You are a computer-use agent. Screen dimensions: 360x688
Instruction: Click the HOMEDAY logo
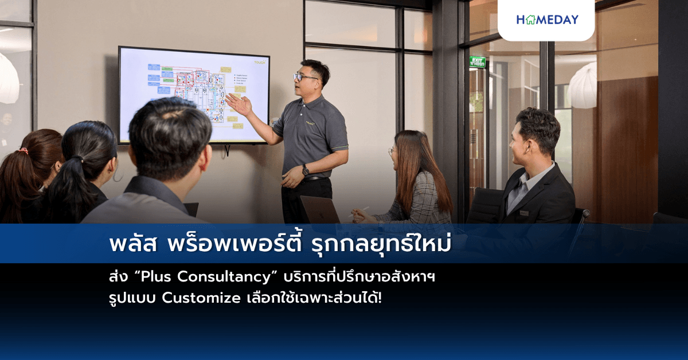coord(547,19)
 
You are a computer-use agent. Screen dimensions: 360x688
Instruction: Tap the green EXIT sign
coord(478,62)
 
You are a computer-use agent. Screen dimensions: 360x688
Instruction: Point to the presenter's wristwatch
coord(306,170)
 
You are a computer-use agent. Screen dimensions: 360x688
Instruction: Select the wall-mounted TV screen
coord(193,95)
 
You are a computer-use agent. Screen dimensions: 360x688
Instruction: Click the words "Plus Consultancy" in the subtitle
coord(220,277)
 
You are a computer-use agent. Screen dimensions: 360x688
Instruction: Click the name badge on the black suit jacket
coord(523,213)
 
